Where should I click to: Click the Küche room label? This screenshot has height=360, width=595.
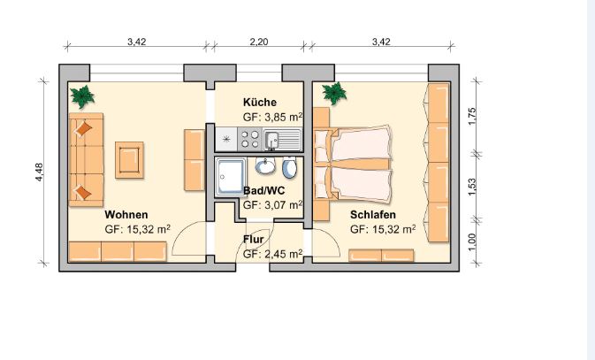tap(260, 102)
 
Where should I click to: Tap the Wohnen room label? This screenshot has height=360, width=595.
tap(126, 215)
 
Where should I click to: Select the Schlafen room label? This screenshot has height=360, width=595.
tap(372, 215)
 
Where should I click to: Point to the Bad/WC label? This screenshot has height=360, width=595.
tap(263, 190)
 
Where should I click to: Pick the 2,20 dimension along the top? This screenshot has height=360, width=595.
tap(259, 42)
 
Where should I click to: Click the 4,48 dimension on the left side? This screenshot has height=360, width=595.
tap(40, 172)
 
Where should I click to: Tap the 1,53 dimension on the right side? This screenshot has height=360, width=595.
tap(472, 188)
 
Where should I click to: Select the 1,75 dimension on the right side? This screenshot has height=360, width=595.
tap(472, 116)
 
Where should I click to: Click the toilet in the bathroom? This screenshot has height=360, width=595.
tap(290, 167)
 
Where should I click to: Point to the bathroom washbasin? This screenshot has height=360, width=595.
tap(265, 166)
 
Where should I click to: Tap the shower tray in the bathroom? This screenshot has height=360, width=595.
tap(231, 177)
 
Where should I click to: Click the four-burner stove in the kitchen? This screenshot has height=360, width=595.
tap(250, 139)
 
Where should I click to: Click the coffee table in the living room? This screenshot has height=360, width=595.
tap(129, 160)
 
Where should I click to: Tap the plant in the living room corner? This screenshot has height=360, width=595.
tap(82, 96)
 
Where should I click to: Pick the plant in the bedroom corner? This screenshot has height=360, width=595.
tap(334, 93)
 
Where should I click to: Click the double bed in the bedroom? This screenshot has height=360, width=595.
tap(353, 164)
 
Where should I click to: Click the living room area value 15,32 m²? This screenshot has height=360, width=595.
tap(137, 229)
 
